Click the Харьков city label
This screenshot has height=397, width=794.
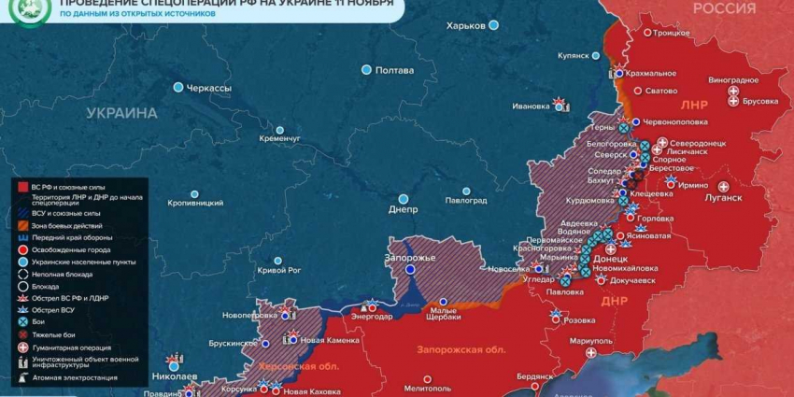[x=466, y=26]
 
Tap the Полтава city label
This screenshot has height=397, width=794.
[x=393, y=70]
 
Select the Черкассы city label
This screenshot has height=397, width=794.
[x=208, y=88]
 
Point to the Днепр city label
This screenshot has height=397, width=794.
[x=403, y=209]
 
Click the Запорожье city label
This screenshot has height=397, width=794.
[x=410, y=257]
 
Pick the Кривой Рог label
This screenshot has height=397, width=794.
[x=278, y=270]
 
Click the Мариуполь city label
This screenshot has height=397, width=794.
[x=590, y=340]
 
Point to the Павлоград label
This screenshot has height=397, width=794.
[x=465, y=200]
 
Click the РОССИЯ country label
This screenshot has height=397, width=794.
[x=724, y=8]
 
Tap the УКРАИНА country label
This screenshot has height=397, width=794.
[x=121, y=113]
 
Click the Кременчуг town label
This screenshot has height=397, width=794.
[x=279, y=138]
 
